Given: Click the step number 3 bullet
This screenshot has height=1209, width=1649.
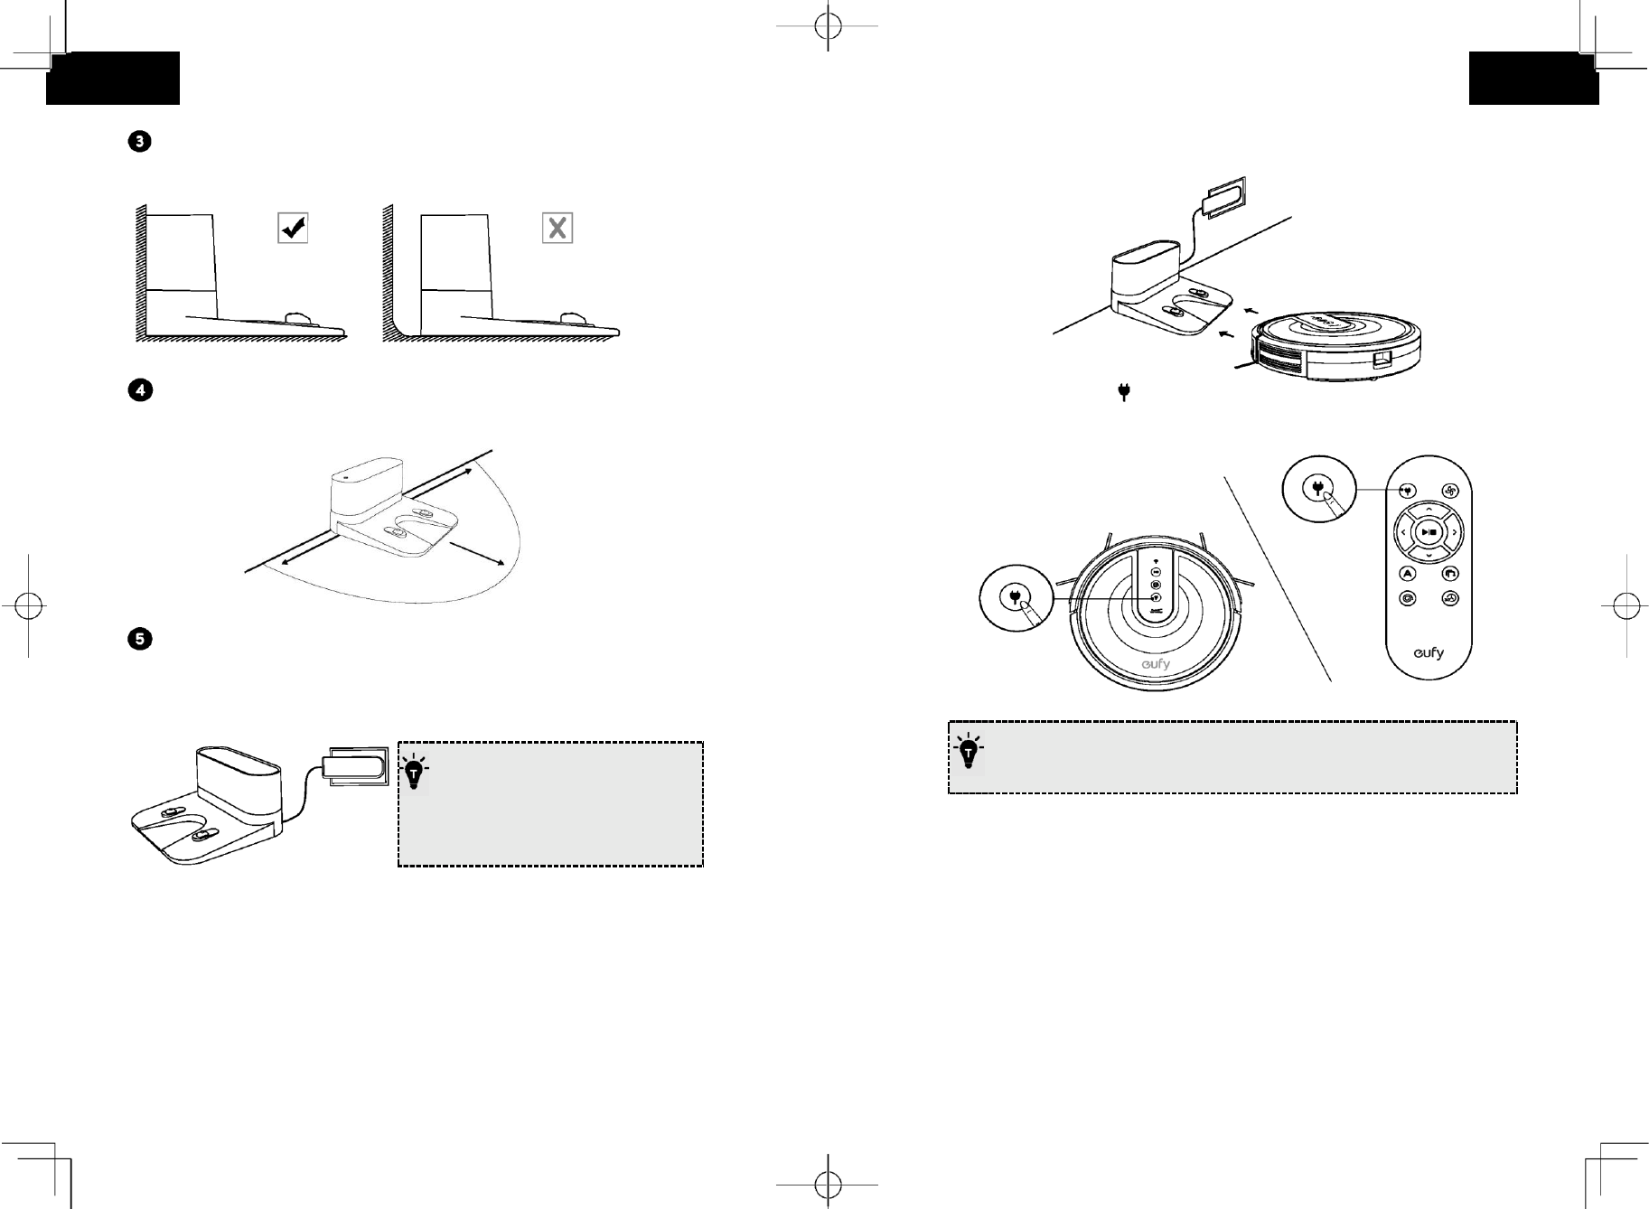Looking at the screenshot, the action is tap(140, 142).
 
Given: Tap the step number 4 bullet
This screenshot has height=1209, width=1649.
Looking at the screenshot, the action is tap(140, 390).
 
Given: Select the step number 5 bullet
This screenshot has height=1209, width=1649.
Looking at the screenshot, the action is tap(140, 639).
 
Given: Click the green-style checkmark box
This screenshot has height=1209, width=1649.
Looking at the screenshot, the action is tap(293, 228).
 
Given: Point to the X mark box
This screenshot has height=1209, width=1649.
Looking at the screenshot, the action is tap(557, 228).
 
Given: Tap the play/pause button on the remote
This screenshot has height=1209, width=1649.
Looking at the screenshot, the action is tap(1429, 532).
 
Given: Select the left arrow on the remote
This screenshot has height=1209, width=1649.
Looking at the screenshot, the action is tap(1403, 532).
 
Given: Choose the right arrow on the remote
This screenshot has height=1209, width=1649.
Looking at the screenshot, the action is tap(1454, 532).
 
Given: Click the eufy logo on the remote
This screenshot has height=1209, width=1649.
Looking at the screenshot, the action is tap(1429, 652).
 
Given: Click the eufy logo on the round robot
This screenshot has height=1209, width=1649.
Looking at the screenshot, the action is tap(1155, 664).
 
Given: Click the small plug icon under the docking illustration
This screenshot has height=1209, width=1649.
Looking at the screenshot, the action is tap(1124, 392).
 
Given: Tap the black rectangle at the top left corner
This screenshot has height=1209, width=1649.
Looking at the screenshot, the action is tap(113, 79).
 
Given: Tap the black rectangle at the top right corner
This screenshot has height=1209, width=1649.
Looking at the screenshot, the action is tap(1533, 79).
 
